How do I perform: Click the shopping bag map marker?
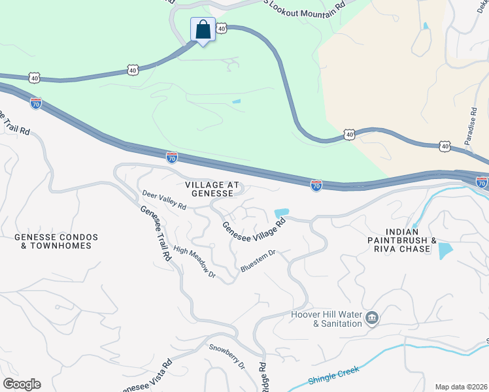[203, 30]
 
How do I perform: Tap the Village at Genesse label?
[209, 189]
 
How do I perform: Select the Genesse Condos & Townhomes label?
[56, 241]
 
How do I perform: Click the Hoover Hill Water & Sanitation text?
[326, 319]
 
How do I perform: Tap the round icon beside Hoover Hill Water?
[372, 318]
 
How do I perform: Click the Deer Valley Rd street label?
[164, 201]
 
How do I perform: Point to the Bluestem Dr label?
[259, 260]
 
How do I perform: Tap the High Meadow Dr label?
[195, 262]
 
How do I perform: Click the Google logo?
[22, 384]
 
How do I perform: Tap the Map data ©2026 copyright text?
[460, 387]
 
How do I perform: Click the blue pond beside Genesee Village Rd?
[282, 213]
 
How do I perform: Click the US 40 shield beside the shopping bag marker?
[222, 28]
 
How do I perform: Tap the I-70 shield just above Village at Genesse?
[171, 157]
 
